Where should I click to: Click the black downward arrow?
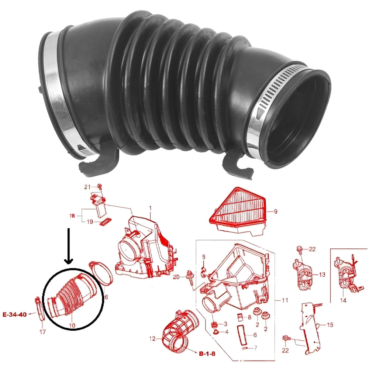69,245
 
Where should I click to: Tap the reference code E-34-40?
15,314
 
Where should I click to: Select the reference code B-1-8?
207,354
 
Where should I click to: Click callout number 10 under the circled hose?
72,325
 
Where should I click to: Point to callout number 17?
42,332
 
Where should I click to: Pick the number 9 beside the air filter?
275,211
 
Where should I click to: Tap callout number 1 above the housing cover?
150,208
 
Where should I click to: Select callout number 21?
87,187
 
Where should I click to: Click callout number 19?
90,222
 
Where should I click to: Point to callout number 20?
176,277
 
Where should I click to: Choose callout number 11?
285,300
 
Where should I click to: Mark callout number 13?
322,275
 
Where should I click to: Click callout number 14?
343,300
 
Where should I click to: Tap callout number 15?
330,325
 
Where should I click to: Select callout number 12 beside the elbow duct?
152,339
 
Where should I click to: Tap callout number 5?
204,257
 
